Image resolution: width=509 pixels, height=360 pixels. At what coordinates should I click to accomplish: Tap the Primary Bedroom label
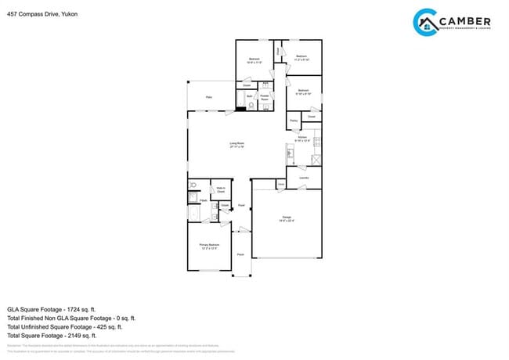[208, 247]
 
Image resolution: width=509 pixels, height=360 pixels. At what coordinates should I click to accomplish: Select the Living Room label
[237, 145]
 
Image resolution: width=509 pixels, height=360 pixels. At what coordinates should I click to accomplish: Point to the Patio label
[209, 97]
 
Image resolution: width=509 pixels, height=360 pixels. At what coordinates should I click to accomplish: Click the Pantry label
[293, 121]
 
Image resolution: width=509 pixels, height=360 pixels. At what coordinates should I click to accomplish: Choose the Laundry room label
[304, 178]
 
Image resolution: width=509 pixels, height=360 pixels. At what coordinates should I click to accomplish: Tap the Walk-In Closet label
[221, 189]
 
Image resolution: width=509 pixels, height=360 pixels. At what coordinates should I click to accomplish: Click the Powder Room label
[265, 99]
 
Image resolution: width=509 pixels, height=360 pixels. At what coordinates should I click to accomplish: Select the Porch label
[240, 254]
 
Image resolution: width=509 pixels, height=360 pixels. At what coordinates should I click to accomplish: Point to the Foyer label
[241, 205]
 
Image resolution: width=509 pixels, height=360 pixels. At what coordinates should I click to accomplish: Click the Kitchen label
[302, 139]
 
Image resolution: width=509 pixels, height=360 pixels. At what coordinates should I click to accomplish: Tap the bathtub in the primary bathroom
[193, 212]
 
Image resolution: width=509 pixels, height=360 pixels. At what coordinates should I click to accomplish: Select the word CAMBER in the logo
[465, 20]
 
